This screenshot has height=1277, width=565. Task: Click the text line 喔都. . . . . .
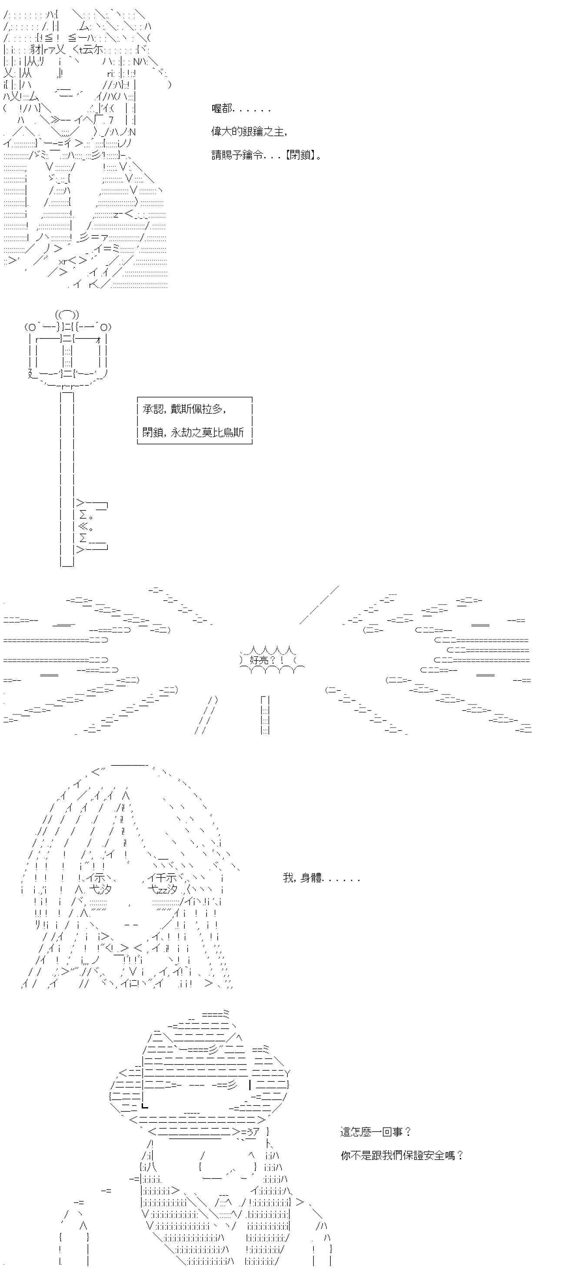(241, 109)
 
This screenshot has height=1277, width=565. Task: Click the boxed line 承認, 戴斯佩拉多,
(185, 409)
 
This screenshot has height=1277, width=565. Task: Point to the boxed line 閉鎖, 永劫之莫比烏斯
(193, 432)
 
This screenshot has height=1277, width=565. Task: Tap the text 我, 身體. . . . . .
(320, 878)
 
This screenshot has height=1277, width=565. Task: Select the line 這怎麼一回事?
(376, 1132)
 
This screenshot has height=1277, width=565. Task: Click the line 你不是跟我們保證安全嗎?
(402, 1155)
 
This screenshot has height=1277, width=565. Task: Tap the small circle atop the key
(67, 314)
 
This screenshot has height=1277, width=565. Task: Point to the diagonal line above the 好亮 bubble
(319, 605)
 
